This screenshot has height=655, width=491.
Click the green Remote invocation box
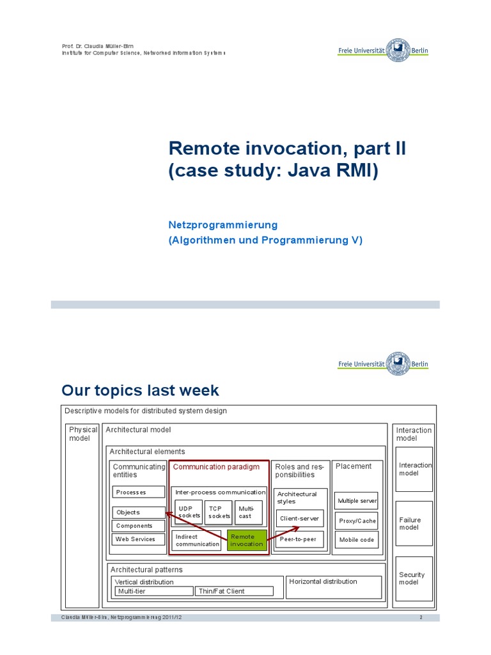pyautogui.click(x=247, y=541)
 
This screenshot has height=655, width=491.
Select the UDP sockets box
pyautogui.click(x=189, y=512)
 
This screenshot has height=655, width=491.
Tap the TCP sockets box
pyautogui.click(x=219, y=512)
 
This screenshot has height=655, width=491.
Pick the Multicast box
pyautogui.click(x=247, y=512)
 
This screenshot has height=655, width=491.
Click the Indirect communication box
pyautogui.click(x=196, y=541)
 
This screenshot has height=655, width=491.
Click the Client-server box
pyautogui.click(x=299, y=519)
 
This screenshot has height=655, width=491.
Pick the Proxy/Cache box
pyautogui.click(x=357, y=521)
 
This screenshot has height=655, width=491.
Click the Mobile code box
pyautogui.click(x=357, y=540)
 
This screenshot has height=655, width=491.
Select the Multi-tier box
pyautogui.click(x=153, y=591)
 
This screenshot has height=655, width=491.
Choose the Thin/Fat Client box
pyautogui.click(x=234, y=591)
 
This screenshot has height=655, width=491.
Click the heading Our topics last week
pyautogui.click(x=140, y=390)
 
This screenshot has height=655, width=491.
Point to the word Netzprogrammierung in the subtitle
pyautogui.click(x=222, y=225)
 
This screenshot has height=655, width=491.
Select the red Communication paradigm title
pyautogui.click(x=217, y=467)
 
